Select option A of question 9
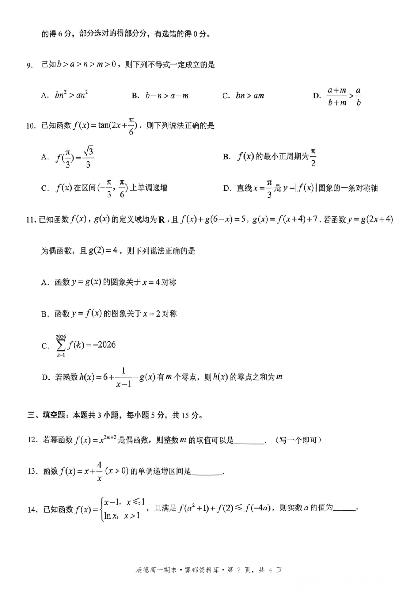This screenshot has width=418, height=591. click(x=45, y=96)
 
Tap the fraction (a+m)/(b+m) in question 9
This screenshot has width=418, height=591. click(x=337, y=96)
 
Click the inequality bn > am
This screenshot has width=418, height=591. click(x=250, y=96)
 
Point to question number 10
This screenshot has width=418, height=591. click(x=31, y=126)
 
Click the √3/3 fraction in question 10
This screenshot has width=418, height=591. click(x=88, y=157)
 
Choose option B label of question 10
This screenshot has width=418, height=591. click(x=226, y=157)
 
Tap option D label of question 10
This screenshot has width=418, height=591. click(x=227, y=188)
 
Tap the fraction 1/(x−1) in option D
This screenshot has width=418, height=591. click(x=123, y=377)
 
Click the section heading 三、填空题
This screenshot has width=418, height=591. click(x=46, y=415)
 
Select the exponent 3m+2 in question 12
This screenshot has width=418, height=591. click(x=110, y=437)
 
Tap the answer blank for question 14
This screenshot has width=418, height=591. click(x=344, y=508)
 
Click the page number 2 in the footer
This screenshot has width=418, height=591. click(x=239, y=570)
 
